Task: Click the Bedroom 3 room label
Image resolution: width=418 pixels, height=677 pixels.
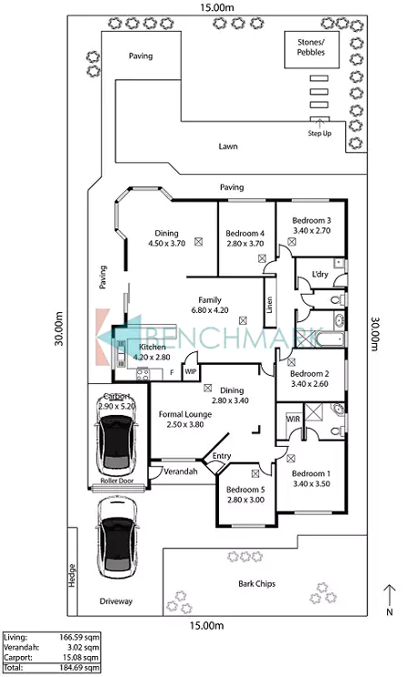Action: (312, 220)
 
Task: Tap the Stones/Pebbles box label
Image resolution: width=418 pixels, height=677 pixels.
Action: (311, 47)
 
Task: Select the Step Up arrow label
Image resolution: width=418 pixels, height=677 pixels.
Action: (319, 134)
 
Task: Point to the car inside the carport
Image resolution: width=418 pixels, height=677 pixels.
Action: (117, 445)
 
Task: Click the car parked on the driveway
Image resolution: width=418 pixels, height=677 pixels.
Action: (117, 538)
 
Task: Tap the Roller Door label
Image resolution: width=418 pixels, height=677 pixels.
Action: (117, 480)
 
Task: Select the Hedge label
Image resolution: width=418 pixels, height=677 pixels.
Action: (72, 575)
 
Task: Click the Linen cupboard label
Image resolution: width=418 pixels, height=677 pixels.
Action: (269, 305)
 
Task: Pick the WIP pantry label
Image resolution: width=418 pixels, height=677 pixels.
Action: (190, 371)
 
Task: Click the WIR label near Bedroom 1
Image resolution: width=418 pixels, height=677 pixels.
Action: (293, 419)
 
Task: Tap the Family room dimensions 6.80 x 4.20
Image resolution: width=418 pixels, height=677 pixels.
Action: (210, 310)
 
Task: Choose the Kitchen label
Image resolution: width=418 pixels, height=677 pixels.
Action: (153, 347)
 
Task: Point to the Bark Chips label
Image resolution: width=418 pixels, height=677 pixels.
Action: (256, 584)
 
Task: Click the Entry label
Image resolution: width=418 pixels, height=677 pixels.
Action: (222, 456)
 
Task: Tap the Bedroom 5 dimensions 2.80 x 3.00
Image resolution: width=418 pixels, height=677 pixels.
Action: (246, 500)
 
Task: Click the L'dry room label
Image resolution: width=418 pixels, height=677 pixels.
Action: (320, 274)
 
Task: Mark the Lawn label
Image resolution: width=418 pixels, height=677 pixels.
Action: (228, 147)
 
